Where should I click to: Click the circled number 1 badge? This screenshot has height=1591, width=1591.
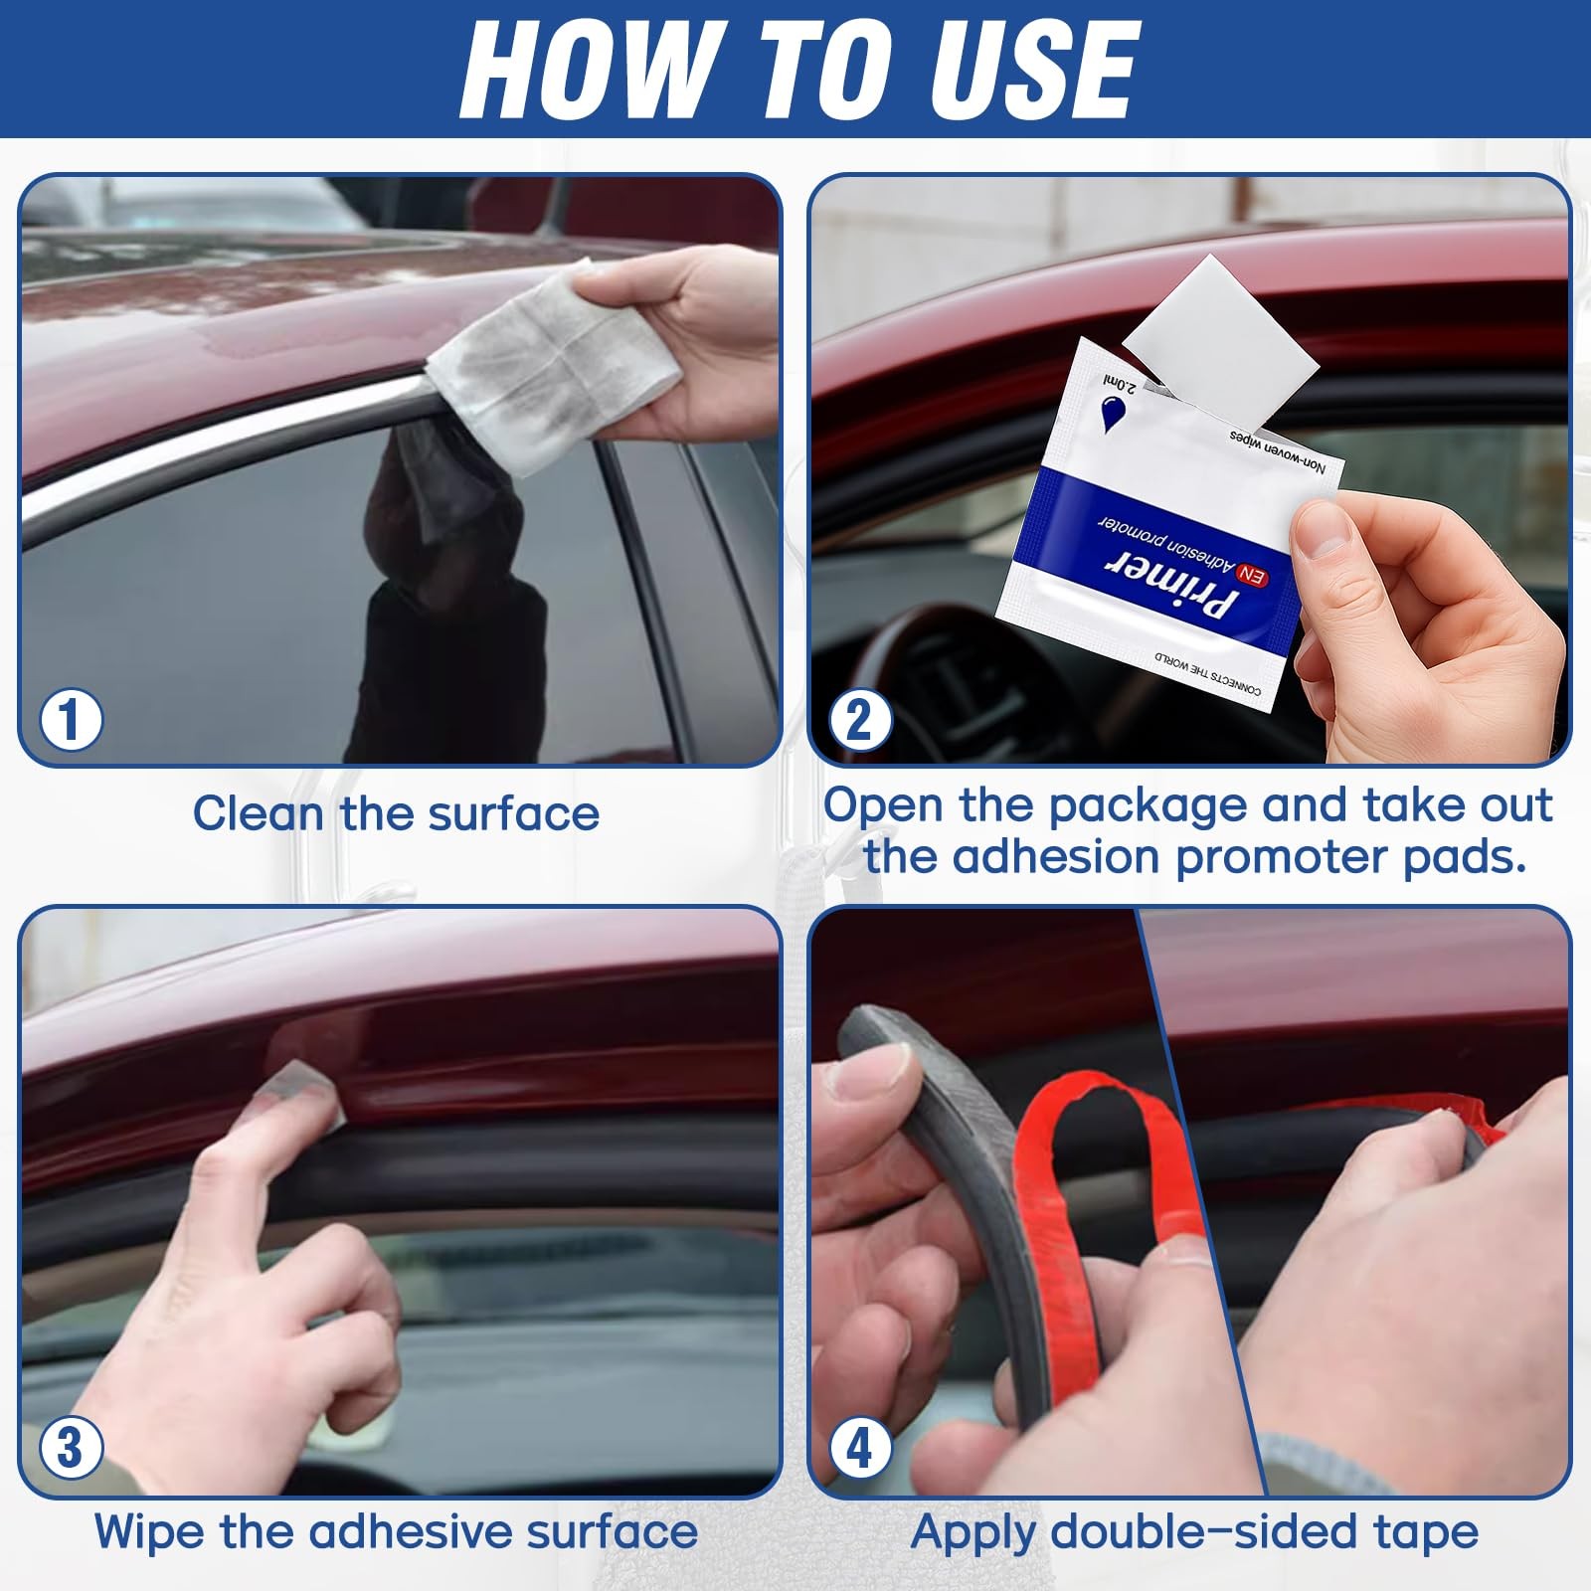(71, 719)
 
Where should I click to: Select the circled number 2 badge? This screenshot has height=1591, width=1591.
(858, 719)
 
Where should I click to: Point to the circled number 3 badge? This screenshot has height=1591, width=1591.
(71, 1448)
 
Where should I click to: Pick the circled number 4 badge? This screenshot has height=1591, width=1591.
(858, 1448)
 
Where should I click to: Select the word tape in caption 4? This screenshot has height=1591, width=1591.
(1426, 1531)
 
